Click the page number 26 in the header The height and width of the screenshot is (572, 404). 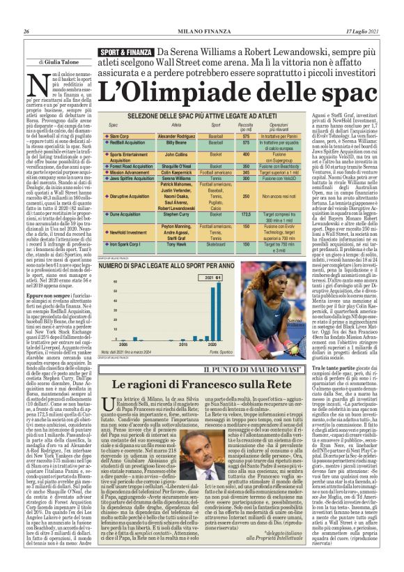[26, 12]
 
